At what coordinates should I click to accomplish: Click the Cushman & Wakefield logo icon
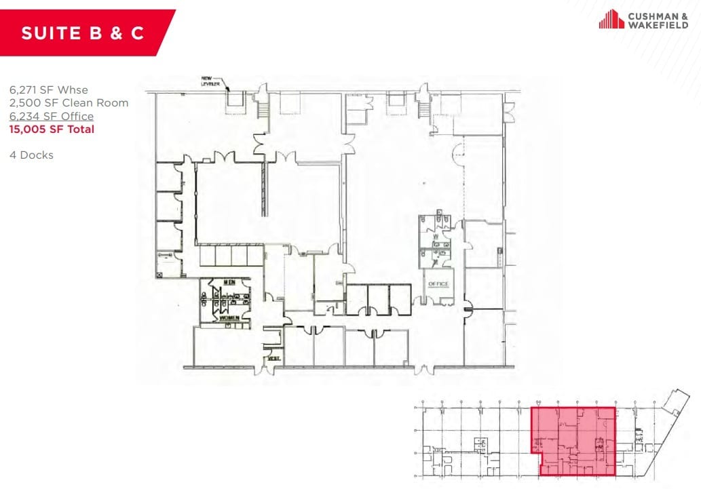tap(611, 19)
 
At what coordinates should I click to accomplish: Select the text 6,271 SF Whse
tap(48, 90)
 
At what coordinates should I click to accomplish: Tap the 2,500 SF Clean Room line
tap(69, 103)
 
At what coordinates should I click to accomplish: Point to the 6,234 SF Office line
tap(52, 117)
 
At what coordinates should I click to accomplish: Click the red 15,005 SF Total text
tap(52, 130)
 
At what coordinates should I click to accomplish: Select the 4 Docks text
tap(31, 155)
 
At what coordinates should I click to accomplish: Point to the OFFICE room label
tap(438, 283)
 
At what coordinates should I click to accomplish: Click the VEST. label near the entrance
tap(273, 357)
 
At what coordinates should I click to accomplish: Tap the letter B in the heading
tap(91, 33)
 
